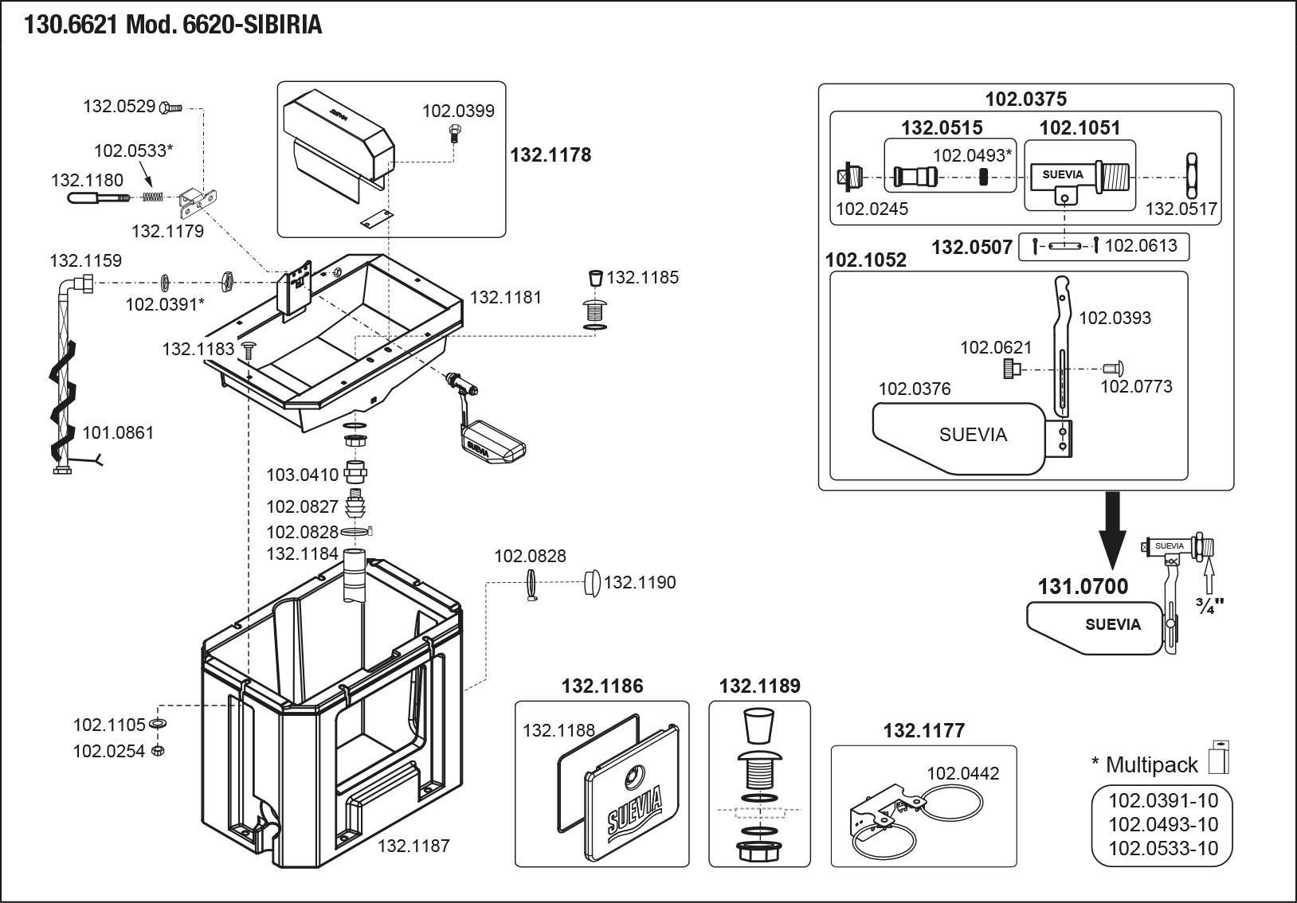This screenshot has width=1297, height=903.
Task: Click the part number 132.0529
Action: pyautogui.click(x=119, y=106)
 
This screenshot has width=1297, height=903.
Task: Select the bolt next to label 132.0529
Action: pyautogui.click(x=171, y=106)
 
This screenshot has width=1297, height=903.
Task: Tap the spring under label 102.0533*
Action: pyautogui.click(x=155, y=197)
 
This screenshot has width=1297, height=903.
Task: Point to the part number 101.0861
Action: pyautogui.click(x=118, y=432)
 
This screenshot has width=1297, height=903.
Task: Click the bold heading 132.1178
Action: pyautogui.click(x=551, y=154)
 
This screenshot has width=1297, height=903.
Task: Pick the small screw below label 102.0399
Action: pyautogui.click(x=455, y=132)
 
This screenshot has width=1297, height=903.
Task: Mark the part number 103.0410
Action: pyautogui.click(x=302, y=475)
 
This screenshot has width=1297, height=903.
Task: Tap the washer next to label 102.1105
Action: pyautogui.click(x=158, y=724)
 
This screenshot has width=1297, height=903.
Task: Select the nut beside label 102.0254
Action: pyautogui.click(x=158, y=751)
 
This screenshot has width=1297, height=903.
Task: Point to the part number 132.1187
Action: pyautogui.click(x=413, y=845)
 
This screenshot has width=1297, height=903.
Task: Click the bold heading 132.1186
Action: pyautogui.click(x=602, y=686)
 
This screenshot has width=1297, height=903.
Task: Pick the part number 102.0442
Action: pyautogui.click(x=962, y=773)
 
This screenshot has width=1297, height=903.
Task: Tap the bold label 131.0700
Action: pyautogui.click(x=1083, y=587)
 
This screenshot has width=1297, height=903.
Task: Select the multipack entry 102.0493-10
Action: pyautogui.click(x=1163, y=824)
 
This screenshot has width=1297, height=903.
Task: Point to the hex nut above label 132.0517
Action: pyautogui.click(x=1192, y=175)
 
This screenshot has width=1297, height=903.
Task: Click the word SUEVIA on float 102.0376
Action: pyautogui.click(x=973, y=435)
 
